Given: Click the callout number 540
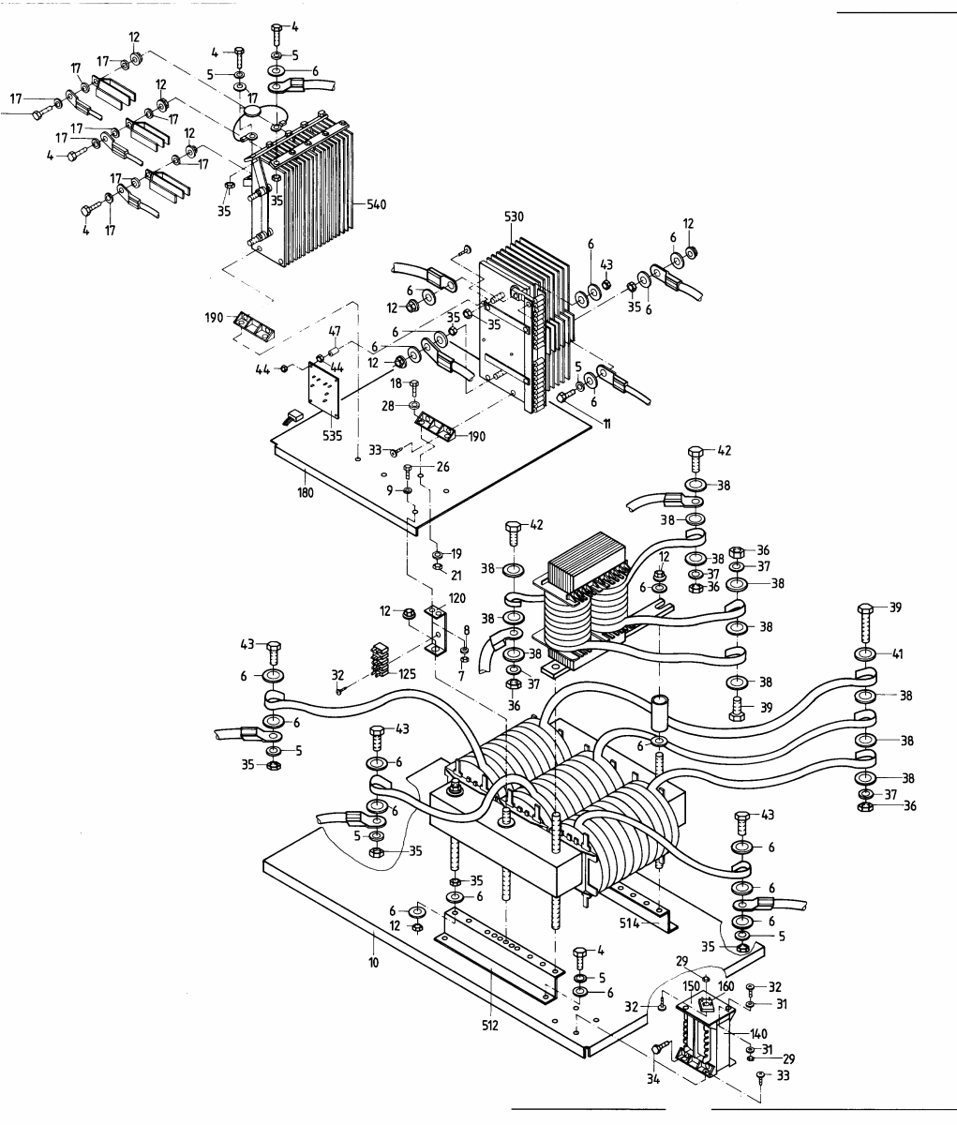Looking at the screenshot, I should (374, 203).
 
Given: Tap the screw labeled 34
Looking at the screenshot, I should (657, 1052).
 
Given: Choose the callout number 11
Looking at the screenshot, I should (607, 425).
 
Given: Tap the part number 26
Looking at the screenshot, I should (442, 468).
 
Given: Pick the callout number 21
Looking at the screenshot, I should (456, 574).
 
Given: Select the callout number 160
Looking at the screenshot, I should (725, 985).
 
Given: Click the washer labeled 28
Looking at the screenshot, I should (413, 407).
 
